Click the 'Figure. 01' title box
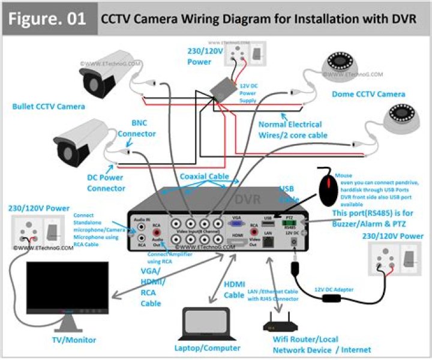pyautogui.click(x=48, y=18)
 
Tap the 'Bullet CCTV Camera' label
pyautogui.click(x=49, y=107)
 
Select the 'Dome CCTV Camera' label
pyautogui.click(x=368, y=94)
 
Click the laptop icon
pyautogui.click(x=205, y=324)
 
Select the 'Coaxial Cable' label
pyautogui.click(x=205, y=176)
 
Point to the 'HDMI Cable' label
pyautogui.click(x=234, y=290)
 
